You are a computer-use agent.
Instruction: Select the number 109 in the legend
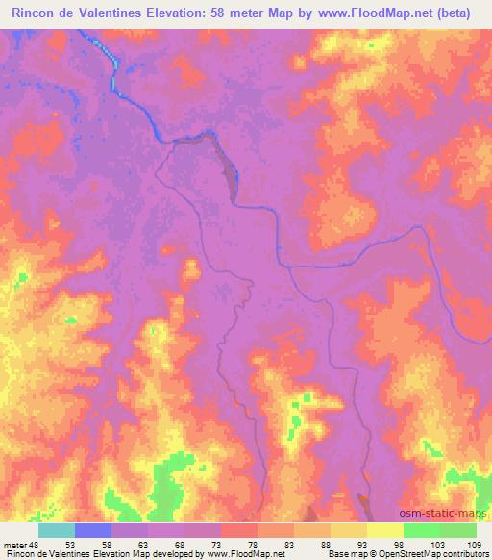471,545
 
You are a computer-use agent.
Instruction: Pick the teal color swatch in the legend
57,530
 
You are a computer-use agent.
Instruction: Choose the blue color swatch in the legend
93,530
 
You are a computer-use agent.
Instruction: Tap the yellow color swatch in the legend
385,530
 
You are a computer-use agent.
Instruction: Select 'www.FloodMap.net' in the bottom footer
233,554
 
